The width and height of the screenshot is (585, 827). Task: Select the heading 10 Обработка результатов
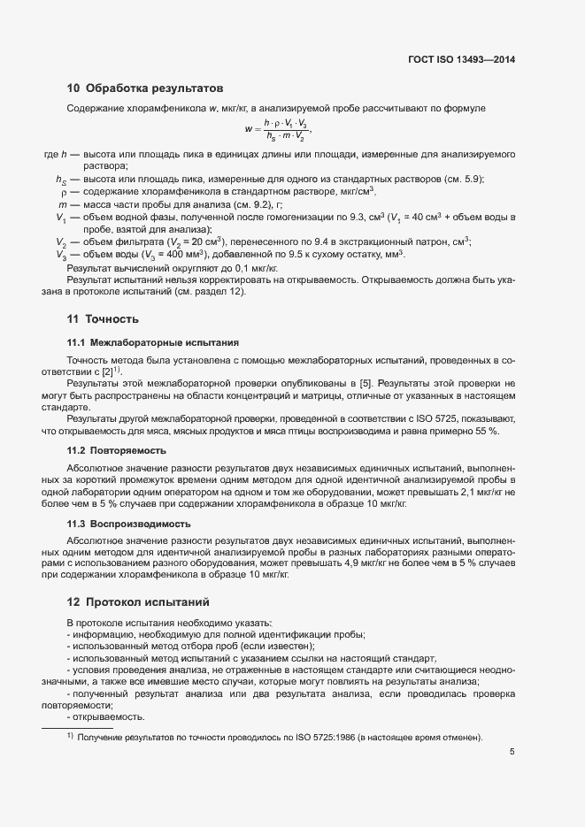click(144, 88)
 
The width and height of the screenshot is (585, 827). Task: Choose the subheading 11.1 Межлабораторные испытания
click(152, 341)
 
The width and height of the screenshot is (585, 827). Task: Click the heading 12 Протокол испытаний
click(138, 602)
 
